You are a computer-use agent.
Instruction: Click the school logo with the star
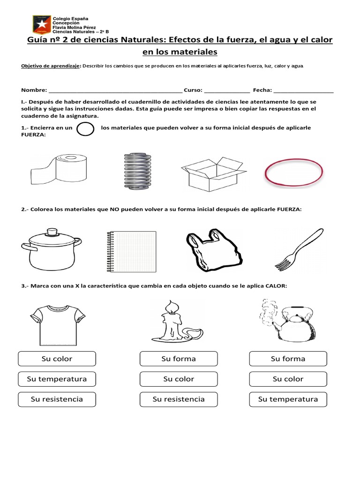[41, 25]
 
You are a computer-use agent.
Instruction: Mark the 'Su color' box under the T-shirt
[57, 359]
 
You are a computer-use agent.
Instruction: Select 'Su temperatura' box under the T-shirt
[57, 379]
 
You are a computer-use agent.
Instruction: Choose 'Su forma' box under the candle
[179, 359]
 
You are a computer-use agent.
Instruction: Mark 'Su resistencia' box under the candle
[179, 399]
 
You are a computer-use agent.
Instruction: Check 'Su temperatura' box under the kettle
[288, 399]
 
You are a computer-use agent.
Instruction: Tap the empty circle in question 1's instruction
[85, 129]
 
